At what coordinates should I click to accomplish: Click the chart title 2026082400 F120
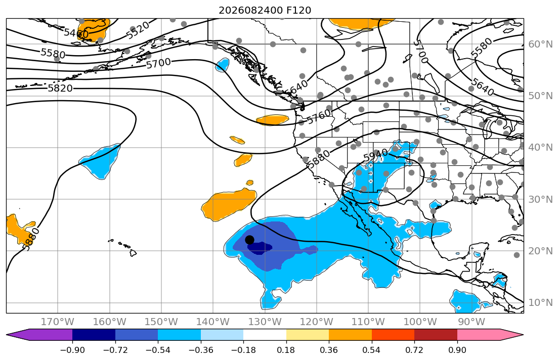[x=265, y=10]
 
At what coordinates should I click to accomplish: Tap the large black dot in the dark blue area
[x=249, y=240]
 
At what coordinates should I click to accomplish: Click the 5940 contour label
[x=376, y=156]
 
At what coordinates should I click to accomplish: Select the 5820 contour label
[x=60, y=88]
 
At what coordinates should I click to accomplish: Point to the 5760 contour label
[x=319, y=117]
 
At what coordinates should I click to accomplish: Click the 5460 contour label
[x=76, y=33]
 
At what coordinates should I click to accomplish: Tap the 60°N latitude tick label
[x=540, y=44]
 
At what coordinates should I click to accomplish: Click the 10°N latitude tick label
[x=540, y=303]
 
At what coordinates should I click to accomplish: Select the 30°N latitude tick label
[x=540, y=199]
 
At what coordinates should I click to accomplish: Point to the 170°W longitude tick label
[x=58, y=322]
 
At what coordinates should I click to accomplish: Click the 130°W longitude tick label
[x=265, y=322]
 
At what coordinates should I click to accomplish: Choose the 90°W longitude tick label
[x=471, y=322]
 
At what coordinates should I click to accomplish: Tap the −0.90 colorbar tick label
[x=72, y=350]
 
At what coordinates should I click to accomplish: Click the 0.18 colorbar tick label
[x=286, y=350]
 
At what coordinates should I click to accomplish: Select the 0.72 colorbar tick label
[x=414, y=350]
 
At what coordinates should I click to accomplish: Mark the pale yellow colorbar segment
[x=307, y=335]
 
